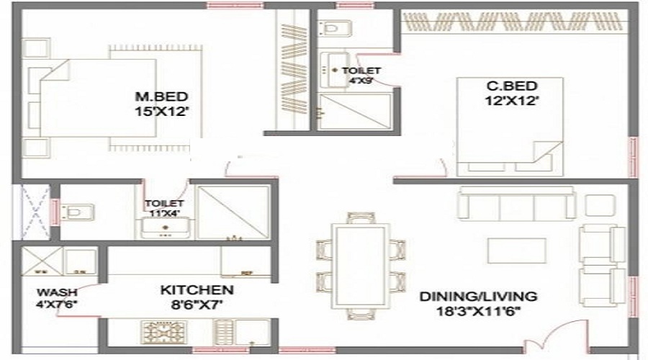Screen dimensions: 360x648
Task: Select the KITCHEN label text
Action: (x=197, y=290)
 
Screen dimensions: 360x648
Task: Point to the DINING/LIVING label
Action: (x=478, y=296)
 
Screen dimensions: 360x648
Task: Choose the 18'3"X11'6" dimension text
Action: (x=479, y=311)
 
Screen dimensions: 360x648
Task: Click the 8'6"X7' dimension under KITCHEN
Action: (x=197, y=305)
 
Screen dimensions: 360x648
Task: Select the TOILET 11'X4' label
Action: (x=159, y=208)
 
